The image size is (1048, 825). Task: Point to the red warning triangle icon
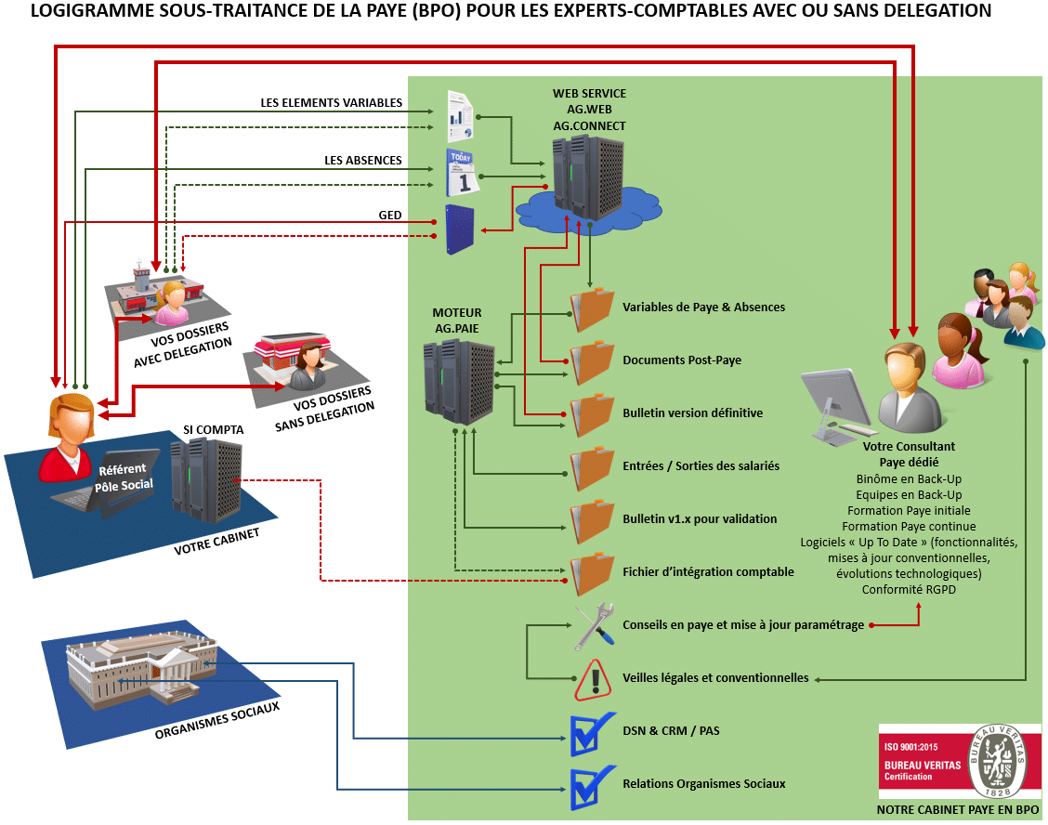pos(592,679)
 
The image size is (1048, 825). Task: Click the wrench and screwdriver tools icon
pos(593,625)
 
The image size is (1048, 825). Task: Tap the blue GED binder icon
pos(460,229)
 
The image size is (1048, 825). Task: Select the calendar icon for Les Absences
pos(461,171)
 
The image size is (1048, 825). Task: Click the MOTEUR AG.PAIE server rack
pos(458,381)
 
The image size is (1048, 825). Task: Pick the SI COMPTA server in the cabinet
pos(206,477)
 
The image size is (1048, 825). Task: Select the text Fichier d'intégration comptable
pos(708,571)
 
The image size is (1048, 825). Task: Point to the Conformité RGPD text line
pos(909,589)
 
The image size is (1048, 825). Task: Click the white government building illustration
pos(139,666)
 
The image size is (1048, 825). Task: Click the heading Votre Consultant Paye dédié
pos(909,453)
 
